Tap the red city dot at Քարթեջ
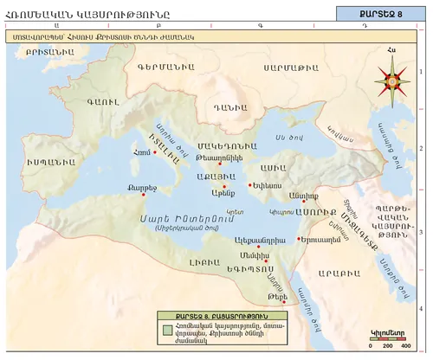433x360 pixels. tap(142, 195)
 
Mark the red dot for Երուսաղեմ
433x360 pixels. tap(299, 238)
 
